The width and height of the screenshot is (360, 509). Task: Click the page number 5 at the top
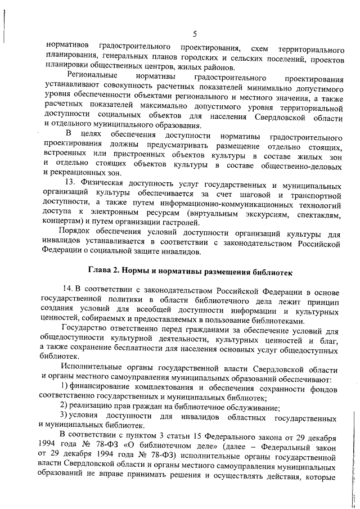point(193,19)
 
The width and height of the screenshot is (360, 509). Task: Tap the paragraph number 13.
point(71,184)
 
